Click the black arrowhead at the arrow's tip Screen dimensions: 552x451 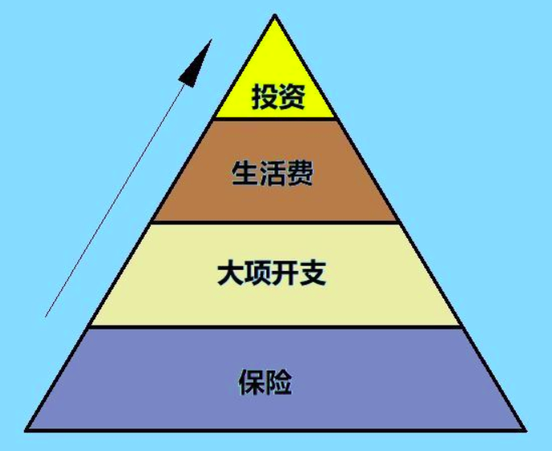click(196, 62)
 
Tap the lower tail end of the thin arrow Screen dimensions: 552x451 click(45, 317)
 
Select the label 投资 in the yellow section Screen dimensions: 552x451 click(276, 97)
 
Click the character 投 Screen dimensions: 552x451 click(263, 97)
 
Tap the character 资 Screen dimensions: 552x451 click(290, 97)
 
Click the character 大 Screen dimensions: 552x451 click(231, 275)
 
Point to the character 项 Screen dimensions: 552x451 click(258, 275)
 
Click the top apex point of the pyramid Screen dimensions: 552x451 click(275, 14)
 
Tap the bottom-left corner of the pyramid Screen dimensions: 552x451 click(27, 429)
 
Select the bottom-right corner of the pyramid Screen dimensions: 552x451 click(524, 429)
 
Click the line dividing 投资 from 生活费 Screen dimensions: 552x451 click(275, 119)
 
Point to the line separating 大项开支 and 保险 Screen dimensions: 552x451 click(275, 326)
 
